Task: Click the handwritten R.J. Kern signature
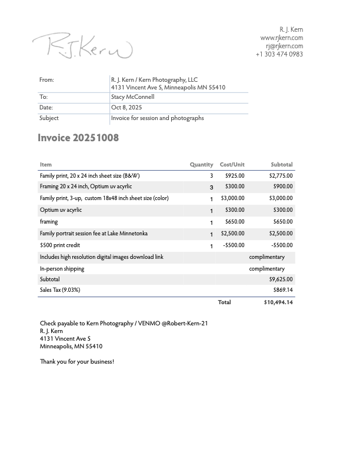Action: point(82,46)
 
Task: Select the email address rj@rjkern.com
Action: point(284,46)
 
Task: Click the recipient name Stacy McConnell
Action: point(132,97)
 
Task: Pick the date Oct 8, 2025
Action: point(126,108)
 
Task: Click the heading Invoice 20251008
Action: point(78,138)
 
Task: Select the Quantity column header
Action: point(201,165)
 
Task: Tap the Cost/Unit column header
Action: point(232,165)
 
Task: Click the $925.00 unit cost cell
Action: point(235,175)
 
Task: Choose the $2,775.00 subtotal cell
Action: point(281,175)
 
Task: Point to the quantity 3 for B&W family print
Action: point(211,176)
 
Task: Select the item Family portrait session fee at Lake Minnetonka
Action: point(94,234)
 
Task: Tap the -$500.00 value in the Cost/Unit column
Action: point(234,245)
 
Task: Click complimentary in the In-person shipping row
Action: point(266,269)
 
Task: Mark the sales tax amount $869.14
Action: point(283,290)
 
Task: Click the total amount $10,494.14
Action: point(278,302)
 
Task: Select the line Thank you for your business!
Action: point(76,361)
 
